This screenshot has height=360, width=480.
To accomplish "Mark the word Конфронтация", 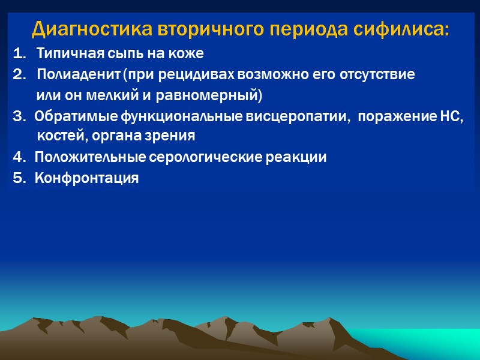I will coord(86,178).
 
